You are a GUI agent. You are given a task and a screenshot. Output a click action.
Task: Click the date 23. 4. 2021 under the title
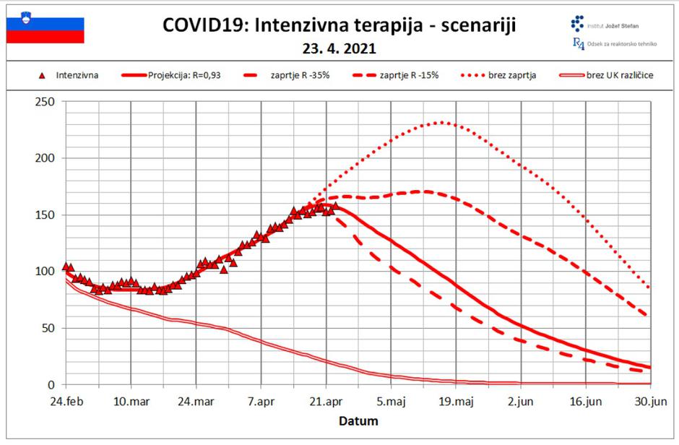[x=339, y=50]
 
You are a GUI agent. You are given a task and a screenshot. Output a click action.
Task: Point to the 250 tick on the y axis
[x=46, y=102]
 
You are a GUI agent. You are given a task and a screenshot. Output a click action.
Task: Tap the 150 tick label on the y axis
[x=46, y=215]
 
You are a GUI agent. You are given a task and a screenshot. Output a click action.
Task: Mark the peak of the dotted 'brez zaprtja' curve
[x=443, y=123]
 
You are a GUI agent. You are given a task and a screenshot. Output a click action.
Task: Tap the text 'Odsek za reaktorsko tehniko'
[x=621, y=44]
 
